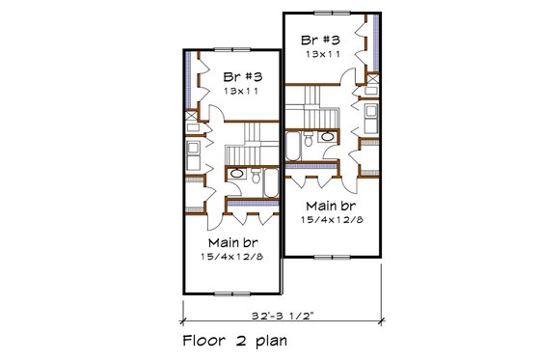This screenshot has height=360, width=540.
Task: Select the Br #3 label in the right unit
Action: pyautogui.click(x=321, y=41)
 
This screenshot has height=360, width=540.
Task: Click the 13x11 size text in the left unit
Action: pyautogui.click(x=242, y=90)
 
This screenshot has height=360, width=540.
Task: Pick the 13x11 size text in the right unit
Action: pyautogui.click(x=321, y=55)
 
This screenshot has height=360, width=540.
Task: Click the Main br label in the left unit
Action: pyautogui.click(x=231, y=241)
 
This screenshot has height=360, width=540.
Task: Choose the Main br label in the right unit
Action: pyautogui.click(x=331, y=206)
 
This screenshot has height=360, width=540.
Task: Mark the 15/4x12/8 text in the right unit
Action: pyautogui.click(x=331, y=220)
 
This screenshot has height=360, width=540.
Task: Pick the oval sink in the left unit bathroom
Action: pyautogui.click(x=237, y=174)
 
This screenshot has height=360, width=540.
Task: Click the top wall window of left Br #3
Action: pyautogui.click(x=232, y=48)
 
